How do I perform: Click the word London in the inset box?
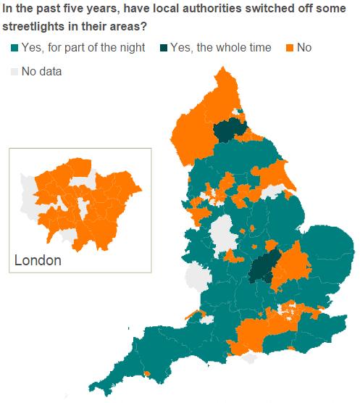[38, 260]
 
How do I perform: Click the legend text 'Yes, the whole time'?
[221, 48]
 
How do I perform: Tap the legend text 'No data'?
[42, 71]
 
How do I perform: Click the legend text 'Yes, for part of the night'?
[83, 48]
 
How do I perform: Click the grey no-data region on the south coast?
[251, 357]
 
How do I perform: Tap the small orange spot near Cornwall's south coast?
[147, 373]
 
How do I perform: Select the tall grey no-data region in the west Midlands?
[223, 233]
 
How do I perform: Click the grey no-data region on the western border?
[196, 277]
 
